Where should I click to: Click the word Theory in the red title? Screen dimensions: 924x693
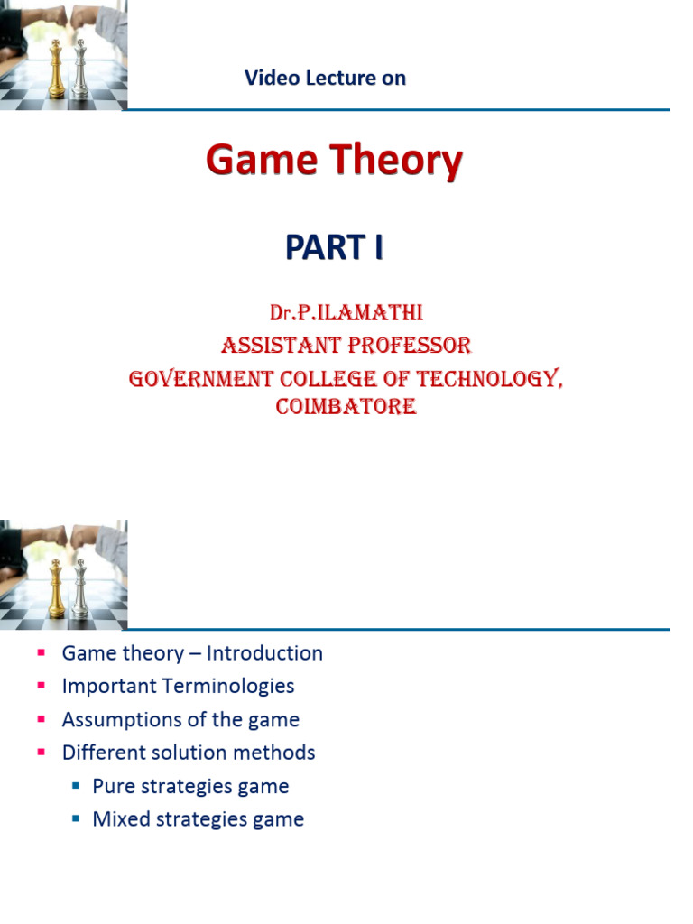396,162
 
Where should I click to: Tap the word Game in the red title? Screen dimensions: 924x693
261,162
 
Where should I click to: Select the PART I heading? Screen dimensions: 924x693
334,245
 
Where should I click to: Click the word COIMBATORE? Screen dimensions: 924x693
346,407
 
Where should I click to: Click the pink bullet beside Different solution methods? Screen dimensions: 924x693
41,753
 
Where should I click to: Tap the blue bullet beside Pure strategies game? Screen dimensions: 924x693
76,786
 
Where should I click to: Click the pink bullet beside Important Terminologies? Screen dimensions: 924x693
41,686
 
